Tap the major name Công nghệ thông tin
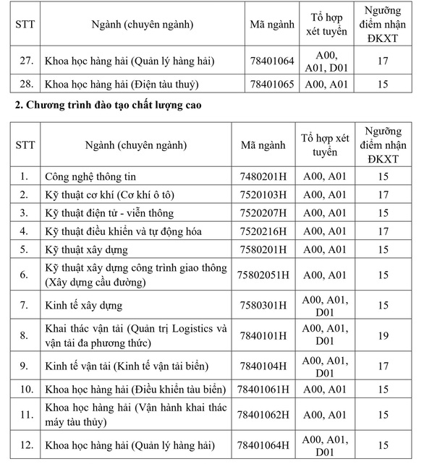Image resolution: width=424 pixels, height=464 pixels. click(90, 176)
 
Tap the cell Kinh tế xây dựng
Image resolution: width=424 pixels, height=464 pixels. click(83, 305)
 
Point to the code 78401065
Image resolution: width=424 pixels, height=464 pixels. click(272, 84)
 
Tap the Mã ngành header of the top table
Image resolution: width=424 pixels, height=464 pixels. click(272, 24)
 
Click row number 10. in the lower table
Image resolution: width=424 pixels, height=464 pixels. click(25, 390)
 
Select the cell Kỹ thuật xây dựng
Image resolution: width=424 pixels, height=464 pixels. click(86, 250)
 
